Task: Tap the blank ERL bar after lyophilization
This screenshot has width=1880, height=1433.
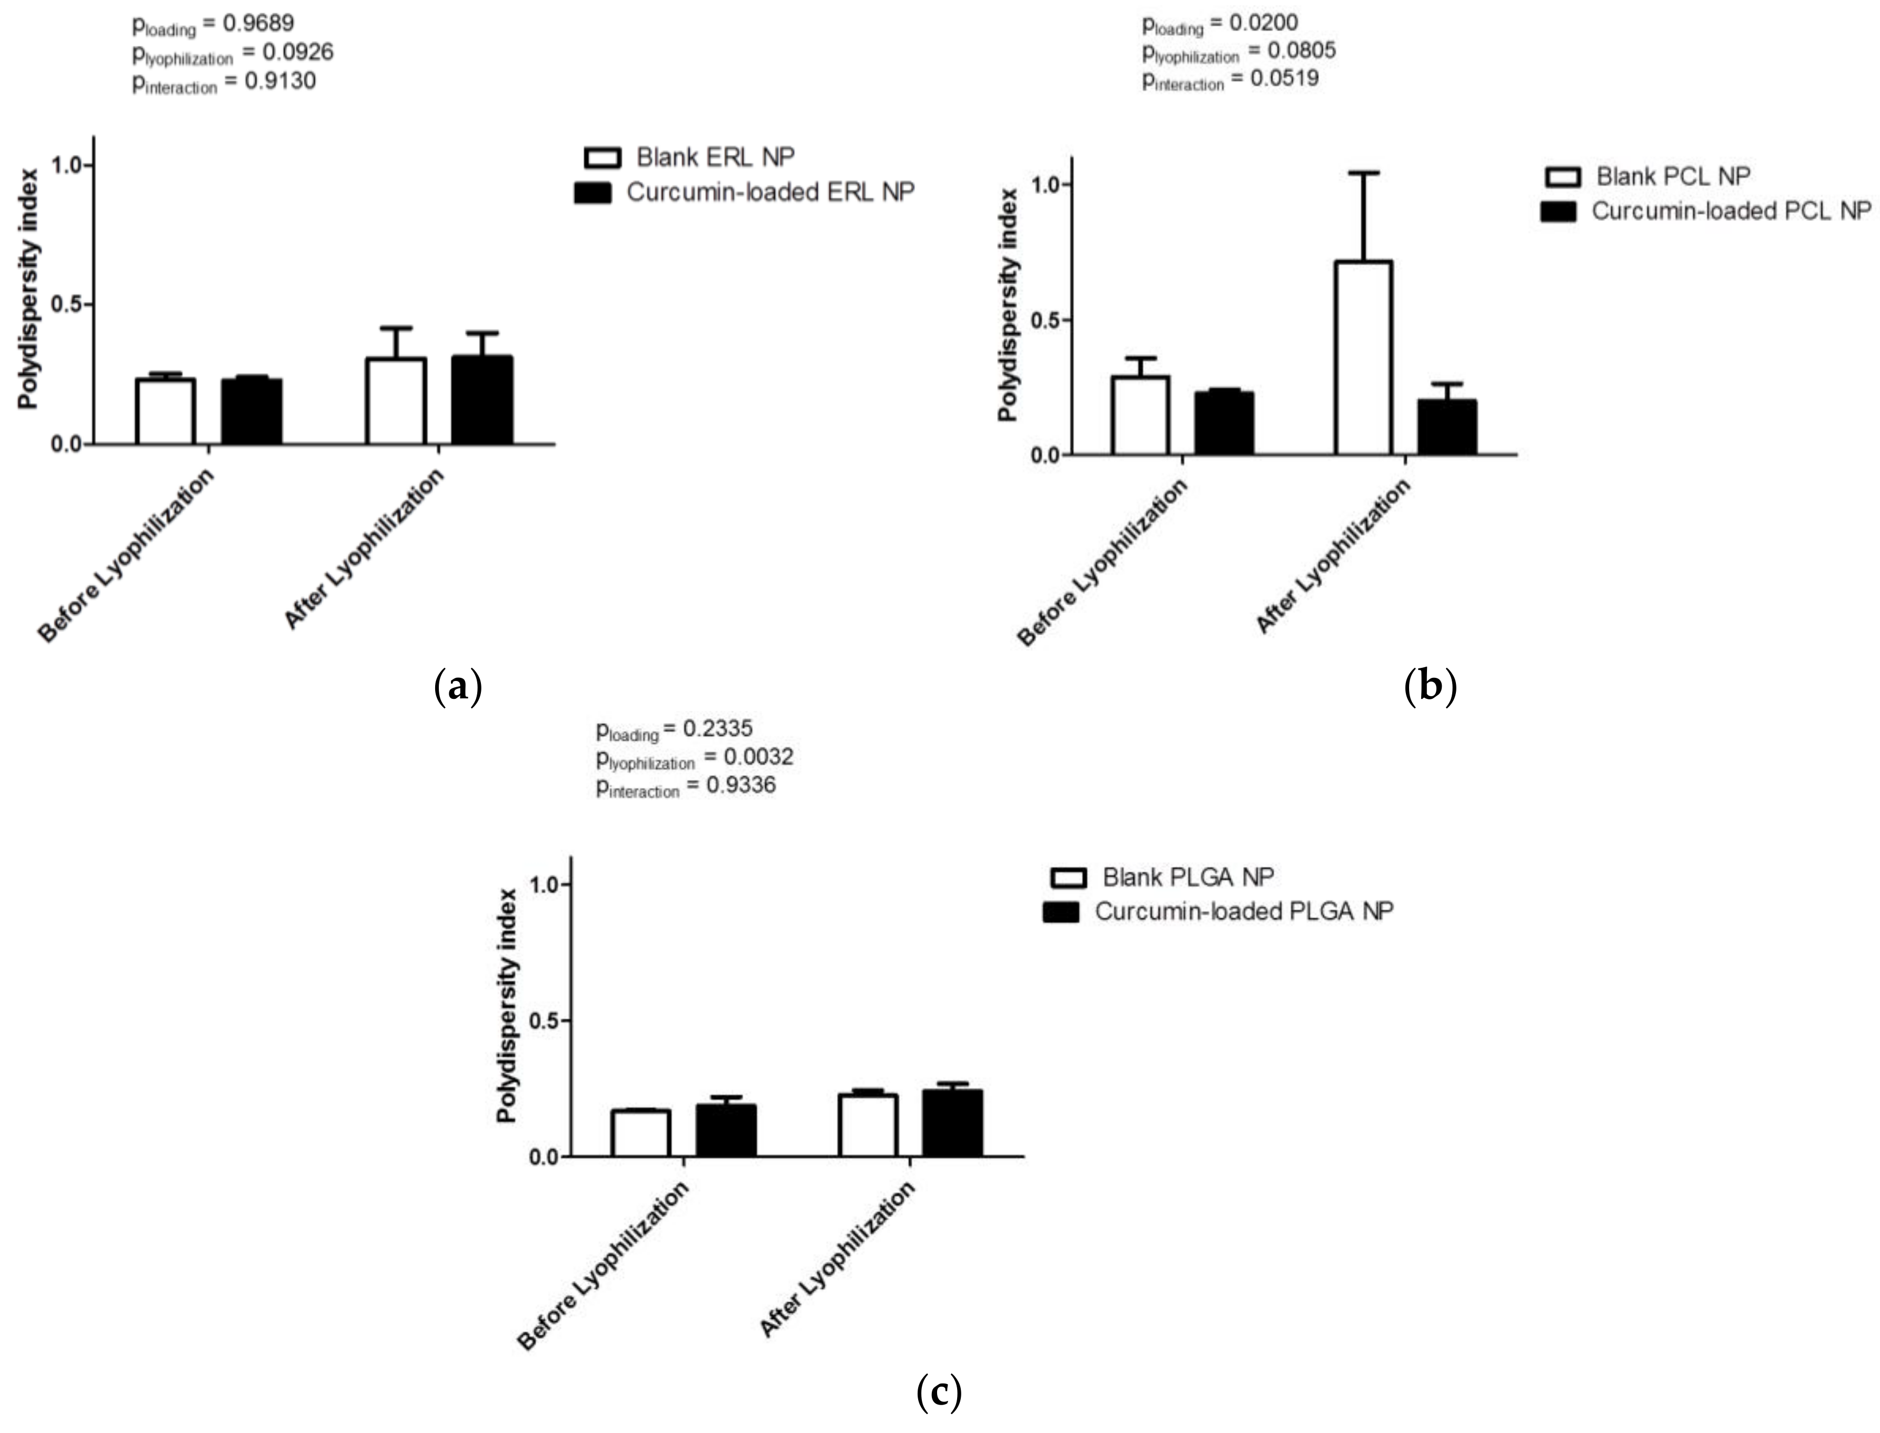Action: pyautogui.click(x=396, y=401)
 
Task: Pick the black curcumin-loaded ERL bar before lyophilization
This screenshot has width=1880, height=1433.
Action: pyautogui.click(x=252, y=411)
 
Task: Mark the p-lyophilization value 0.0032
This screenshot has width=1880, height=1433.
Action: pyautogui.click(x=758, y=757)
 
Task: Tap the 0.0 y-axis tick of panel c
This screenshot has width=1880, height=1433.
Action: pyautogui.click(x=544, y=1157)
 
